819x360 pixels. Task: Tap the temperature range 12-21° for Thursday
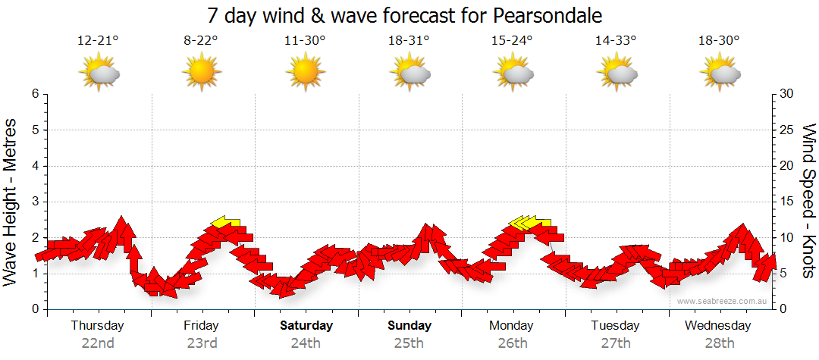click(97, 41)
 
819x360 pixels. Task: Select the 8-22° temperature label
click(201, 41)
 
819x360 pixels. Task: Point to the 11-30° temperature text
click(305, 41)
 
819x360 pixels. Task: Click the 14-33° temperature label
click(616, 41)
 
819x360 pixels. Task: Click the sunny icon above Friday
click(201, 73)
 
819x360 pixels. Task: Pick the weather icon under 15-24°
click(513, 73)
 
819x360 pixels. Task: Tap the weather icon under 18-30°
click(720, 73)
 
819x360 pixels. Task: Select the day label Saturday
click(306, 326)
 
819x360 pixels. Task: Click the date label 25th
click(409, 343)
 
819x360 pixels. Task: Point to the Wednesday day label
click(718, 326)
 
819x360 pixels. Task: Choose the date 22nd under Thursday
click(98, 343)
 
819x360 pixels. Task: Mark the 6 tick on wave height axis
click(35, 94)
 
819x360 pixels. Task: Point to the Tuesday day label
click(616, 326)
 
